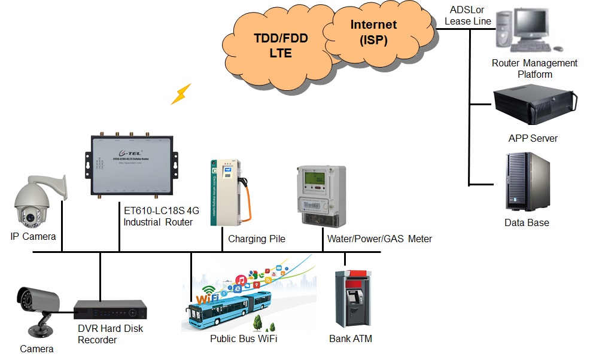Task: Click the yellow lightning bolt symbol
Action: pyautogui.click(x=181, y=94)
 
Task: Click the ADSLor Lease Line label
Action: pyautogui.click(x=467, y=16)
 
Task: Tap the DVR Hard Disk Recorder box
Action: pyautogui.click(x=110, y=310)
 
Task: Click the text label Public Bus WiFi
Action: pyautogui.click(x=244, y=339)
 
